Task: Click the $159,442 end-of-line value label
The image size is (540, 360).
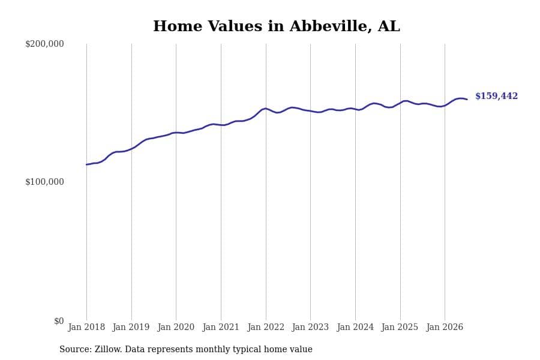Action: (x=496, y=96)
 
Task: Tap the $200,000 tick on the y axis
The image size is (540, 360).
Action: (x=44, y=44)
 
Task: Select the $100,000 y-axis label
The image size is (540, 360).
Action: (x=44, y=182)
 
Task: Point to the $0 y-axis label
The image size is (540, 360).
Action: (x=59, y=321)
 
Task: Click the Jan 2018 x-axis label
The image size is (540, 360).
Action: (x=86, y=327)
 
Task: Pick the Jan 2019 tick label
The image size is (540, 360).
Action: (x=131, y=327)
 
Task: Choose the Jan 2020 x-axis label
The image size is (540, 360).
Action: (x=176, y=327)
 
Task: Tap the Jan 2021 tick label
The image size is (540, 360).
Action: (x=221, y=327)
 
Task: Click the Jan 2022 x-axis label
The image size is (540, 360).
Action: (x=266, y=327)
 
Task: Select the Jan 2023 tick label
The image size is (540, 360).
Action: (x=310, y=327)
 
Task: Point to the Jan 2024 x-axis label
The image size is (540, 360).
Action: (x=355, y=327)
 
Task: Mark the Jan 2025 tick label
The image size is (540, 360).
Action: (x=400, y=327)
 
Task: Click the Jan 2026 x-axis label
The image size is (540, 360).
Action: (x=445, y=327)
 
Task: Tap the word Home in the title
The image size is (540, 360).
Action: (x=178, y=26)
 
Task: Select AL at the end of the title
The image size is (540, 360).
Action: (x=389, y=26)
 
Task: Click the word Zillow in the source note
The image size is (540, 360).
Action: (x=108, y=349)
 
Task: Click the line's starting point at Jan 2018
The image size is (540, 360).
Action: (x=86, y=164)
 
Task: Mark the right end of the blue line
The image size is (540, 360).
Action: (x=467, y=100)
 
